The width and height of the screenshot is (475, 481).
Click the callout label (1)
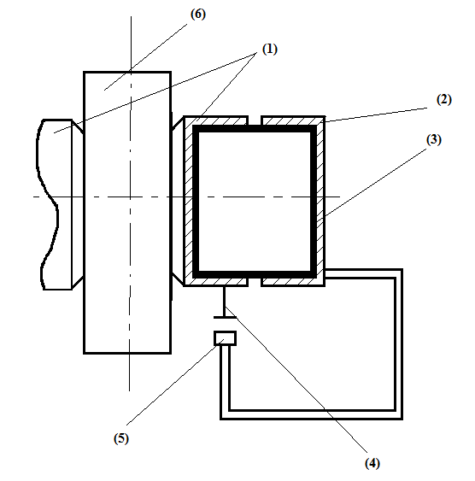pyautogui.click(x=270, y=49)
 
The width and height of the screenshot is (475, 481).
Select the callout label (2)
pyautogui.click(x=443, y=100)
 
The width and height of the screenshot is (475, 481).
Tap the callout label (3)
pyautogui.click(x=434, y=139)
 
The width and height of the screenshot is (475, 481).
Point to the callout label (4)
pyautogui.click(x=372, y=463)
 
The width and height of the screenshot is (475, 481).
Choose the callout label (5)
pyautogui.click(x=121, y=438)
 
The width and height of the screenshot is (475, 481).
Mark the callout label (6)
pyautogui.click(x=198, y=15)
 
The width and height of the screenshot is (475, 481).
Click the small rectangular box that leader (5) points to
pyautogui.click(x=225, y=338)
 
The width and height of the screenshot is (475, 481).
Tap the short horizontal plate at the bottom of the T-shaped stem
pyautogui.click(x=225, y=317)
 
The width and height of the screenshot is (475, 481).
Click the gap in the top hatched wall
pyautogui.click(x=255, y=120)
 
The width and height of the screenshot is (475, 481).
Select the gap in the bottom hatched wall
pyautogui.click(x=255, y=282)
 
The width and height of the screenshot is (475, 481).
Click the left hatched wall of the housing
pyautogui.click(x=188, y=202)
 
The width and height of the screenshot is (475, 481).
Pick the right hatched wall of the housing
pyautogui.click(x=320, y=202)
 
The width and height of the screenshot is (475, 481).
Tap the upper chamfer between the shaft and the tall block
pyautogui.click(x=78, y=126)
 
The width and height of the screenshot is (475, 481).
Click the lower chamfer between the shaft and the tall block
pyautogui.click(x=78, y=282)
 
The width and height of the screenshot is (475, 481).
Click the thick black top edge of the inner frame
pyautogui.click(x=255, y=128)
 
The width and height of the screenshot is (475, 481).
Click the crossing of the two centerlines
pyautogui.click(x=131, y=197)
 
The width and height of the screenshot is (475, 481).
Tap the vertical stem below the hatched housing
pyautogui.click(x=224, y=302)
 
